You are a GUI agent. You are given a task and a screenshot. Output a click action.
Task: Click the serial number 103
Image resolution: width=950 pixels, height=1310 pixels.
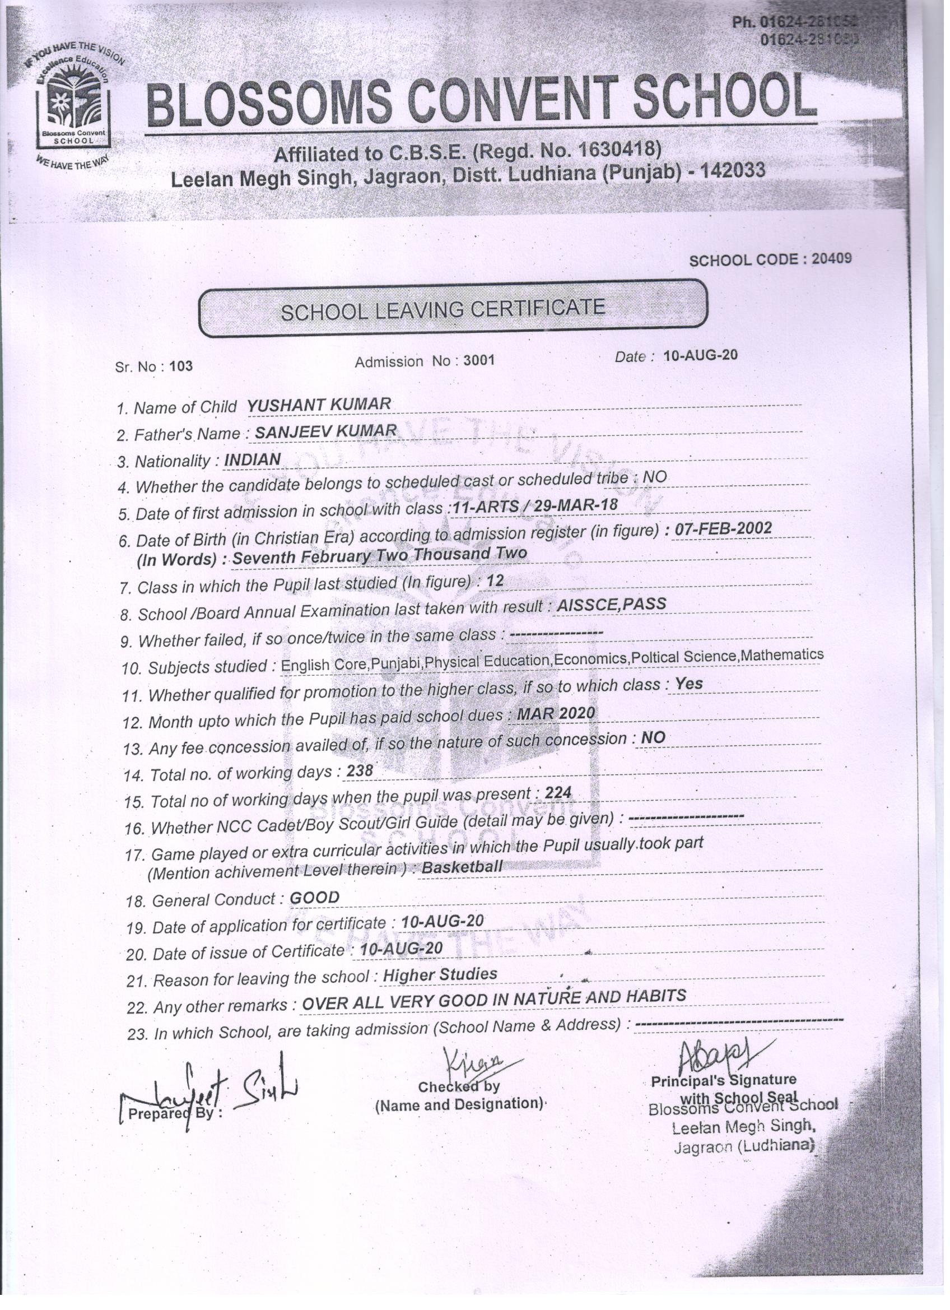tap(181, 366)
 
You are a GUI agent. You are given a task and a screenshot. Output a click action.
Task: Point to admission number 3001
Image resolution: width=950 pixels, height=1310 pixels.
tap(479, 360)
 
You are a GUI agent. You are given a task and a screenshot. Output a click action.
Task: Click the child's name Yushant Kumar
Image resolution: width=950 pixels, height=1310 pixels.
tap(319, 405)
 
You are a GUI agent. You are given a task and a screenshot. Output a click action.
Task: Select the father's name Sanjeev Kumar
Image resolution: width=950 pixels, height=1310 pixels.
tap(325, 431)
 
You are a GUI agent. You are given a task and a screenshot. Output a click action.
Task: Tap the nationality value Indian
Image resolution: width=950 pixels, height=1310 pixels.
tap(252, 459)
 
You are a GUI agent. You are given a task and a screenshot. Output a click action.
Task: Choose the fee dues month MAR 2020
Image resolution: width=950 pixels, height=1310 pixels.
tap(555, 713)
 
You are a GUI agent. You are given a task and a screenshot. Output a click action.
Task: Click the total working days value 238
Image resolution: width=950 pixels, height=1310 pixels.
tap(359, 770)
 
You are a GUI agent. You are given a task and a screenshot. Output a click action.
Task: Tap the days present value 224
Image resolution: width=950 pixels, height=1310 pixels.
tap(557, 793)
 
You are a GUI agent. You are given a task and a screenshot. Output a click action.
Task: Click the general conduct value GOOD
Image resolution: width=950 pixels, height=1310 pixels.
tap(314, 898)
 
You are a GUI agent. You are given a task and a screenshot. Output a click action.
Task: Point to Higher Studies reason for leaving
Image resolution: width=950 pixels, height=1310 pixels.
tap(440, 974)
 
